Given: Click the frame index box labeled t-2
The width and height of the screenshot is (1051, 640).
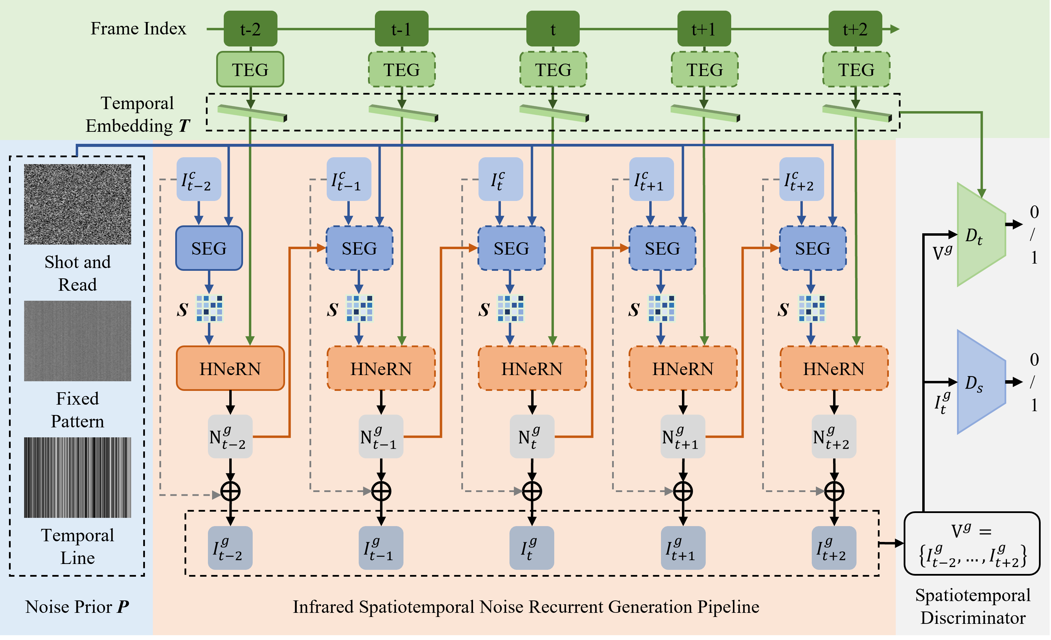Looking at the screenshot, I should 250,29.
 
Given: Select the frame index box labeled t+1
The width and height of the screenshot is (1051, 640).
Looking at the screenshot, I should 704,29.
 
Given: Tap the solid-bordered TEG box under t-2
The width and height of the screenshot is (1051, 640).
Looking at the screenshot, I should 250,70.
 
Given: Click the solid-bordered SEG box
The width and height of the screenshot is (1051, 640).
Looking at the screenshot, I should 209,248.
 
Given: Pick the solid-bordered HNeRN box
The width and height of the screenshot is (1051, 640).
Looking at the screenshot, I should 230,369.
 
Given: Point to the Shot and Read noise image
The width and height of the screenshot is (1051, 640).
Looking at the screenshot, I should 77,204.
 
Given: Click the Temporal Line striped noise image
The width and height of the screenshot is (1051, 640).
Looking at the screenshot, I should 77,477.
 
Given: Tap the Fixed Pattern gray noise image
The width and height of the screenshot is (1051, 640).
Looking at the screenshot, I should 77,341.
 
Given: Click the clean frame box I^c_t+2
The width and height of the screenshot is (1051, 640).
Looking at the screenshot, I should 801,179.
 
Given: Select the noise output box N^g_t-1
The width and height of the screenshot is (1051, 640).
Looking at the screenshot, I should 380,437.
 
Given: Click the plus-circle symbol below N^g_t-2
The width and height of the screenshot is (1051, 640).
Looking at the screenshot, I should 230,491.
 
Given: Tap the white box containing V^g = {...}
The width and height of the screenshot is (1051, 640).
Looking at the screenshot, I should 972,544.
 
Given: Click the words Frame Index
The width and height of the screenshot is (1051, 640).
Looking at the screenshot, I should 138,29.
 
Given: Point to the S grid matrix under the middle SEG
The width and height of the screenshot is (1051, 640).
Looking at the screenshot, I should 511,308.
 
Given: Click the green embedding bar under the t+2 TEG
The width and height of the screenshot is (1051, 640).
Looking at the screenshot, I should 856,113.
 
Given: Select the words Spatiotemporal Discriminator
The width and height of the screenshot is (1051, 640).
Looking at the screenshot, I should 973,606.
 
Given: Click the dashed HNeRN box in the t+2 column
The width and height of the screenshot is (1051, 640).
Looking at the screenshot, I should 833,369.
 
